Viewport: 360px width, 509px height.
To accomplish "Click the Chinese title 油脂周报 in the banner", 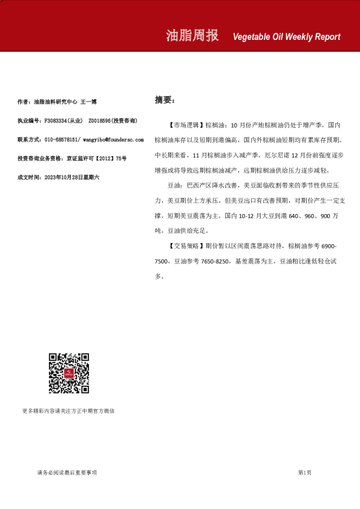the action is [x=192, y=36].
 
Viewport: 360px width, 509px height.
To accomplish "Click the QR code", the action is [x=69, y=374].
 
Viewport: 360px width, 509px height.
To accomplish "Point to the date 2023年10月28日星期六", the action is [x=73, y=177].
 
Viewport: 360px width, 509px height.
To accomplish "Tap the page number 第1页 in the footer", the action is [x=305, y=472].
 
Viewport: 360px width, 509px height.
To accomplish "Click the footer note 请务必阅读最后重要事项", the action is [x=67, y=472].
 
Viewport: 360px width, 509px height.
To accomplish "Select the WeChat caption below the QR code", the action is [x=68, y=411].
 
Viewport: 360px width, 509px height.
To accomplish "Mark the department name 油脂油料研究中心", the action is [x=56, y=102].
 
